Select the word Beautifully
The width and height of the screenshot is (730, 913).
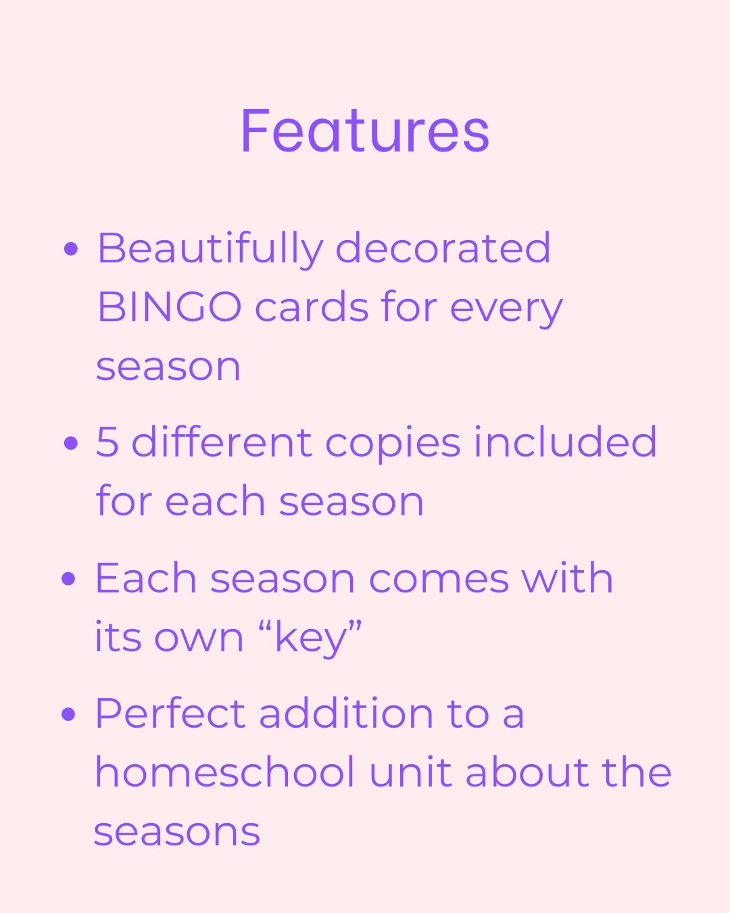point(210,249)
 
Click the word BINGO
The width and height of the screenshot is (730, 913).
point(169,307)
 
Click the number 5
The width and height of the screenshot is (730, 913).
point(107,442)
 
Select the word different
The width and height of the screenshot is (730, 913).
point(221,442)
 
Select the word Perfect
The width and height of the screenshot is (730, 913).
point(170,713)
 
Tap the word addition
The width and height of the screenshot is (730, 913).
point(346,713)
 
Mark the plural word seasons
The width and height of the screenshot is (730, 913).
point(176,832)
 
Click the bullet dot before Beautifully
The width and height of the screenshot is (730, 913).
point(70,249)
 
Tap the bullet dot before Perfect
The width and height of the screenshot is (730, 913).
point(68,714)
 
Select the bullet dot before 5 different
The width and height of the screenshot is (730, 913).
point(70,443)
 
